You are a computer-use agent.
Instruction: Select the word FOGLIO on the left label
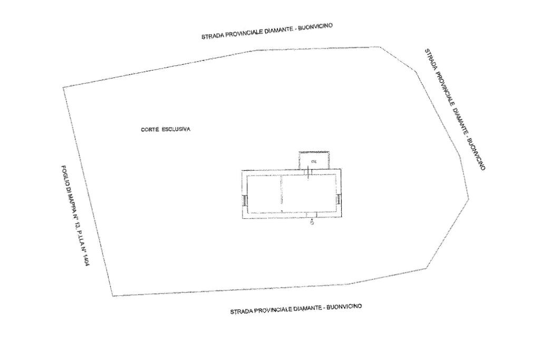[65, 176]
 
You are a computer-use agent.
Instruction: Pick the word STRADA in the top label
[211, 36]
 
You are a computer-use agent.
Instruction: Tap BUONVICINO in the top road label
[315, 27]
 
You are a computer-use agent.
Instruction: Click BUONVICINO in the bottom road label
[344, 307]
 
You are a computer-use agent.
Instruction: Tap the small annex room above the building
[314, 160]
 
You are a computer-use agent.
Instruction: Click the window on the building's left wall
[245, 200]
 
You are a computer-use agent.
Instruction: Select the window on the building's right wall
[338, 199]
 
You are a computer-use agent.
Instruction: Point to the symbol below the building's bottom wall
[312, 223]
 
